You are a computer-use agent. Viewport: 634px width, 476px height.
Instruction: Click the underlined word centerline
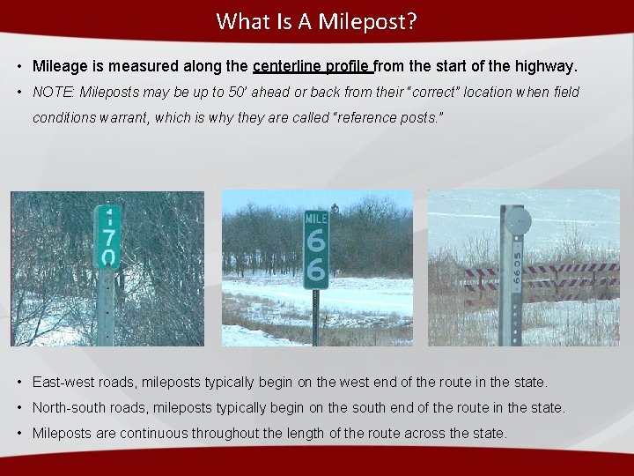click(x=286, y=66)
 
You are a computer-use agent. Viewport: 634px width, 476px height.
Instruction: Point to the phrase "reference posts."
click(x=387, y=117)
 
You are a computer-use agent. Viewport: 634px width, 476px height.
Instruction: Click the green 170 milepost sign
click(x=107, y=236)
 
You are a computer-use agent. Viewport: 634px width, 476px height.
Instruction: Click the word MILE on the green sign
click(x=315, y=217)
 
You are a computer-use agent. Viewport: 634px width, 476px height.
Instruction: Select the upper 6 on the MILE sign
click(x=315, y=239)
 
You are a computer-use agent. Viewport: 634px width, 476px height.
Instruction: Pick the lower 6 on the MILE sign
click(x=315, y=270)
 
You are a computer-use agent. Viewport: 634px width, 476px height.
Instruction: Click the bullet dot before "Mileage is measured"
click(x=18, y=66)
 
